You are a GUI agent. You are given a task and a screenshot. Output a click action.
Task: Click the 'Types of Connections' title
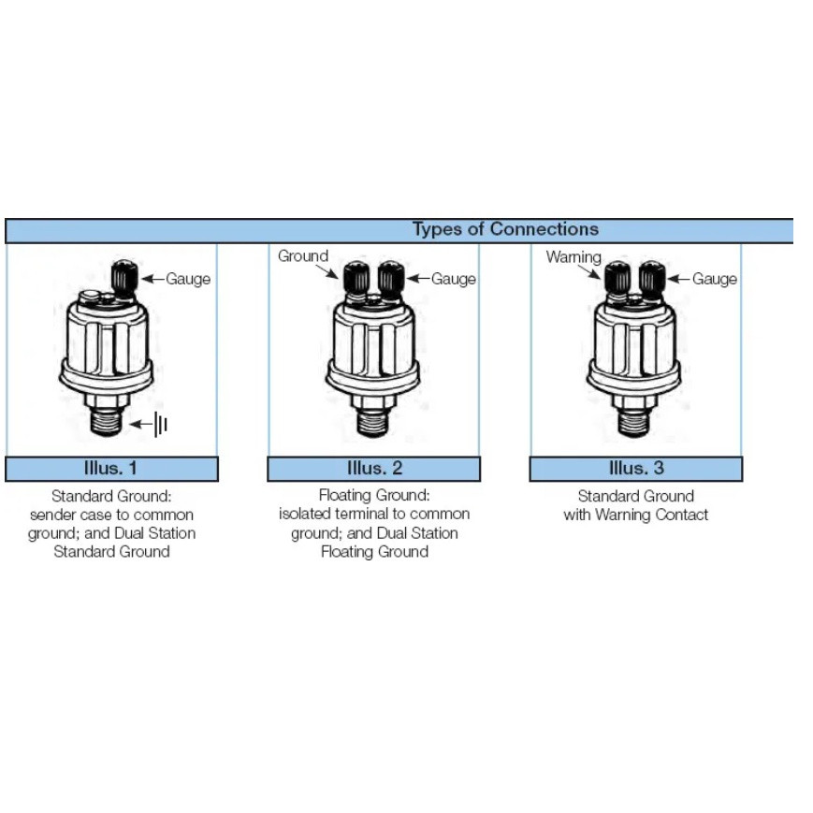[x=505, y=229]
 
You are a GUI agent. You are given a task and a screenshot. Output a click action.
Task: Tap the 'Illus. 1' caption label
[x=111, y=468]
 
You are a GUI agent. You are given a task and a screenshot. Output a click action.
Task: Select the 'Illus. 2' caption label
[x=374, y=468]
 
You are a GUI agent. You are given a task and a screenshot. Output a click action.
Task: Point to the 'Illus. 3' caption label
[x=636, y=468]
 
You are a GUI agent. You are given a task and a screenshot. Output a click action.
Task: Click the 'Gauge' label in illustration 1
[x=188, y=279]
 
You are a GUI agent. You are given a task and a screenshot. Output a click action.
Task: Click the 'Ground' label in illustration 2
[x=303, y=255]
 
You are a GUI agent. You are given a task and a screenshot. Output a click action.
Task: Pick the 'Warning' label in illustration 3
[x=573, y=257]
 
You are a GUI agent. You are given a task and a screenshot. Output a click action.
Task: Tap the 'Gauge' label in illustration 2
[x=454, y=279]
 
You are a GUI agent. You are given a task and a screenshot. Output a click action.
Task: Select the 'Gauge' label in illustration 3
[x=716, y=279]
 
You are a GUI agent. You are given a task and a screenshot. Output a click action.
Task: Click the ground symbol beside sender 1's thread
[x=161, y=426]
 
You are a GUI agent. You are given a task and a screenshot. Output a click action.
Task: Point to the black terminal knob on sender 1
[x=125, y=277]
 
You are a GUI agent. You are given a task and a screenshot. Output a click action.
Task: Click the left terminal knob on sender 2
[x=356, y=278]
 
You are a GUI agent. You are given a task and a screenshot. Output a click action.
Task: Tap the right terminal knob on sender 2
[x=390, y=278]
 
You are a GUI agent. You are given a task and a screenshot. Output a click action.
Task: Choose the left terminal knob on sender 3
[x=617, y=278]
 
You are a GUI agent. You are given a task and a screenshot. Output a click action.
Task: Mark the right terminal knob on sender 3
[x=652, y=278]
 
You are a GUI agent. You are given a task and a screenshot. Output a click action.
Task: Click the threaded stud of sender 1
[x=110, y=423]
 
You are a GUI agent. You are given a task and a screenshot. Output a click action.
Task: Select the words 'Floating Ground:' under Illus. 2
[x=374, y=496]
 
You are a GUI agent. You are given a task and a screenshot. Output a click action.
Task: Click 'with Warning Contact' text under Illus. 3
[x=636, y=515]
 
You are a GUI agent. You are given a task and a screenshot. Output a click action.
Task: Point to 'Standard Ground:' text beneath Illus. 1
[x=111, y=496]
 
